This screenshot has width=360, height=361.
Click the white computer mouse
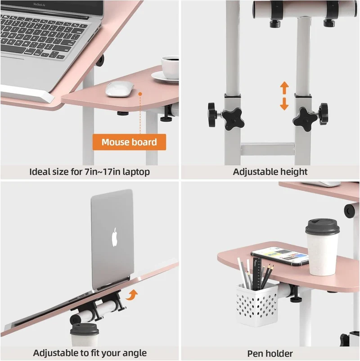[x=120, y=89]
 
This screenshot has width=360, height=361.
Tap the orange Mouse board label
[x=129, y=142]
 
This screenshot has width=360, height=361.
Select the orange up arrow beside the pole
[x=284, y=88]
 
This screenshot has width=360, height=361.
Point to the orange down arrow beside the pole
[x=284, y=104]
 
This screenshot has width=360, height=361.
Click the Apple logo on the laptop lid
[x=114, y=237]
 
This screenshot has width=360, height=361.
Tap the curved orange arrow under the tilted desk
[x=132, y=295]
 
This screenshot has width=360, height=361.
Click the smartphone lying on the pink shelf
[x=279, y=256]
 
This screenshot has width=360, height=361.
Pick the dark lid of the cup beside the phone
[x=322, y=227]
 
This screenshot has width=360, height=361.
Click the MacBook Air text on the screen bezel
[x=39, y=5]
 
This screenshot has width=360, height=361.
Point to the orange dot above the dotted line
[x=140, y=94]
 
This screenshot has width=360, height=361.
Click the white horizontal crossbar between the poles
[x=268, y=149]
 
